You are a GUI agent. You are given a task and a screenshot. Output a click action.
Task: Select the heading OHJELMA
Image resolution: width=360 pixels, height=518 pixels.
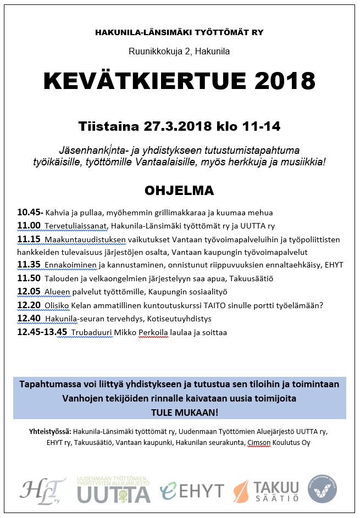point(179,191)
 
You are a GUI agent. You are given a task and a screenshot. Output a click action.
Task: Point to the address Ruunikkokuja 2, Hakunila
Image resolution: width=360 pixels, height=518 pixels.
point(179,52)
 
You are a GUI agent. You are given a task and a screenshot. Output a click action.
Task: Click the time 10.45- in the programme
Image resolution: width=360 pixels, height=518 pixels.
point(30,212)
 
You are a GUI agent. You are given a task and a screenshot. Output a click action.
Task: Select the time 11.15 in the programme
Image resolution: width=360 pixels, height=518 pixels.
point(28,239)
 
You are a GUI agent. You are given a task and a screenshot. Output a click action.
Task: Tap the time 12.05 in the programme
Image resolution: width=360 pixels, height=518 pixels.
point(28,292)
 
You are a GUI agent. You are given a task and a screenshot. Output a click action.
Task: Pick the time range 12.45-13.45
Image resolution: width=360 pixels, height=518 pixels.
point(42,332)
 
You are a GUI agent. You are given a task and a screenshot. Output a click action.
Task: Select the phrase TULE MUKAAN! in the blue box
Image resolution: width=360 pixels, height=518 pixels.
point(179,411)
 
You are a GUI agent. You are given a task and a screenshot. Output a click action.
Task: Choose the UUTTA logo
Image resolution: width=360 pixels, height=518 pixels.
point(113,489)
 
